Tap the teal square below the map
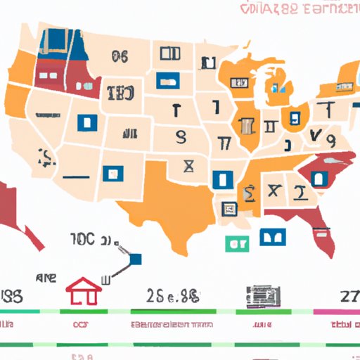[x=236, y=244]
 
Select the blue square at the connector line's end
[x=135, y=259]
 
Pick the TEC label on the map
[x=121, y=93]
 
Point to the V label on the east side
[x=314, y=135]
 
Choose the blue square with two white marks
[x=274, y=237]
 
